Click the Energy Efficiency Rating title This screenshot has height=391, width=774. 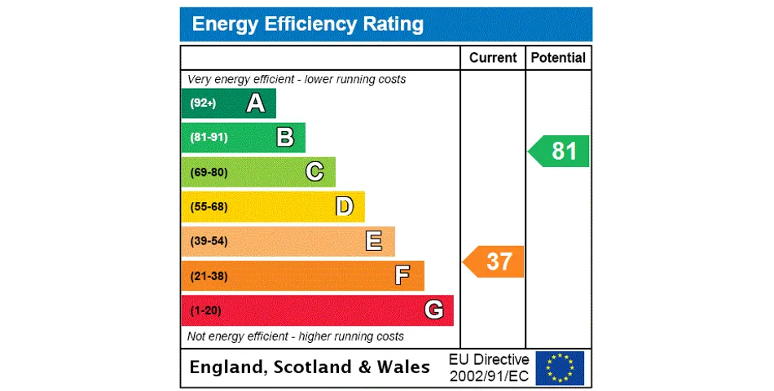pyautogui.click(x=307, y=24)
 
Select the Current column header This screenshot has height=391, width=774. pyautogui.click(x=493, y=58)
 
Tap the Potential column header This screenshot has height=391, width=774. pyautogui.click(x=558, y=58)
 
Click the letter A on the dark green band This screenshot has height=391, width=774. pyautogui.click(x=255, y=103)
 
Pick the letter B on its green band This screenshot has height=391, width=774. pyautogui.click(x=284, y=138)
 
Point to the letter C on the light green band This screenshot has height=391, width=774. pyautogui.click(x=314, y=172)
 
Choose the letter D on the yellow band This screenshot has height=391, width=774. pyautogui.click(x=345, y=207)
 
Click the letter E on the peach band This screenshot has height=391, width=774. pyautogui.click(x=374, y=241)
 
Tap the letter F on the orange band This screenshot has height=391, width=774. pyautogui.click(x=402, y=276)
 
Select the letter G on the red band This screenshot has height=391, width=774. pyautogui.click(x=433, y=310)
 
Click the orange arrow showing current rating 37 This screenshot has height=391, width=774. pyautogui.click(x=495, y=261)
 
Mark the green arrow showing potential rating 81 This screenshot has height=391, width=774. pyautogui.click(x=560, y=152)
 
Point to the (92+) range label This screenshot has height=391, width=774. pyautogui.click(x=203, y=103)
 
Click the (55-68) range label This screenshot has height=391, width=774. pyautogui.click(x=209, y=207)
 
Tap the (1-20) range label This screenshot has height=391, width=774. pyautogui.click(x=205, y=310)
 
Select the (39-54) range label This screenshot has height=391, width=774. pyautogui.click(x=209, y=241)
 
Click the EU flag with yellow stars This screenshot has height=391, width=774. pyautogui.click(x=560, y=367)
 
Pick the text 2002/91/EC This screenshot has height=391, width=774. pyautogui.click(x=489, y=376)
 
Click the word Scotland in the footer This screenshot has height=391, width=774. pyautogui.click(x=313, y=367)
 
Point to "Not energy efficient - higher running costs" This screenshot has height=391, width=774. pyautogui.click(x=296, y=336)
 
